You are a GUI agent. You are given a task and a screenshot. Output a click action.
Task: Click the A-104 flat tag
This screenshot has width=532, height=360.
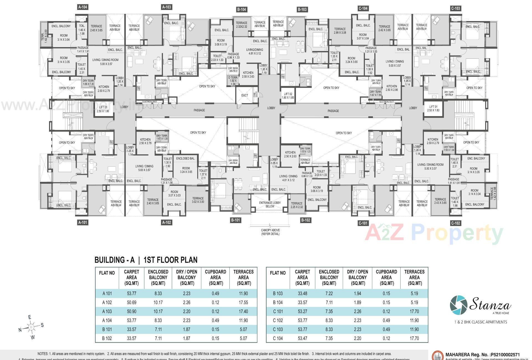(x=83, y=7)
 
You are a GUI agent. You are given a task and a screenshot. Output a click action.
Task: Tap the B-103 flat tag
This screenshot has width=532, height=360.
(x=302, y=9)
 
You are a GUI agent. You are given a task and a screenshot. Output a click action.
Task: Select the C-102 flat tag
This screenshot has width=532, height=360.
(x=456, y=223)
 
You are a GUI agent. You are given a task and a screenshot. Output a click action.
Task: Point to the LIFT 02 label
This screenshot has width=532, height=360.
(x=288, y=96)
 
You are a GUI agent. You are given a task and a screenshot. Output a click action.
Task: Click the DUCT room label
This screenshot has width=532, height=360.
(x=244, y=95)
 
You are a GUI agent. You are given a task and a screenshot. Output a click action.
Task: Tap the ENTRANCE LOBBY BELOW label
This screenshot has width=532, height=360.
(x=270, y=205)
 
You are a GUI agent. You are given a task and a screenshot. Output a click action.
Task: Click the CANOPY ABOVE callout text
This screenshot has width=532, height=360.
(x=270, y=232)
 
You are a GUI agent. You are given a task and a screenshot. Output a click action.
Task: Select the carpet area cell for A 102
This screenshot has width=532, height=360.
(x=131, y=302)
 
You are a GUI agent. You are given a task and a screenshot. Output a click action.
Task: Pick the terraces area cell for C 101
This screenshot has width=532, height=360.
(x=414, y=312)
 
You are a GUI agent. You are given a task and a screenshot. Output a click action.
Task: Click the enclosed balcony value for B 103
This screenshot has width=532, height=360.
(x=329, y=293)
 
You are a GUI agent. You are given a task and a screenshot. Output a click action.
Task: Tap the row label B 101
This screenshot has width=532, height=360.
(x=107, y=330)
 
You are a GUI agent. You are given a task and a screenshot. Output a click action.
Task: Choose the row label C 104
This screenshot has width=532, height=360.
(x=278, y=338)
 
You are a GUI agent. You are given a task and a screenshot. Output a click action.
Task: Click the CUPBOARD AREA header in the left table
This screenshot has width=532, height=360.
(x=215, y=277)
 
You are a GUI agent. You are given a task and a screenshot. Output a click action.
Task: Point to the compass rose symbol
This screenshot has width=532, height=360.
(x=31, y=328)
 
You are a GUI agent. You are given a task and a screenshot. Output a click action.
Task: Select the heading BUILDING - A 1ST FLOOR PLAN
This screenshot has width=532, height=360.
(x=146, y=260)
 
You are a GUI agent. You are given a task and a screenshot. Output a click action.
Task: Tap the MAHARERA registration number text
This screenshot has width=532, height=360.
(x=482, y=354)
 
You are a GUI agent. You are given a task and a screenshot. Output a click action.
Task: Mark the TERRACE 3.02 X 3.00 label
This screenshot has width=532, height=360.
(x=198, y=200)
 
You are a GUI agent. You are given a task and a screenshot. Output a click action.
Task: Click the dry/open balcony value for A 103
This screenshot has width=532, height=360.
(x=186, y=312)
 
